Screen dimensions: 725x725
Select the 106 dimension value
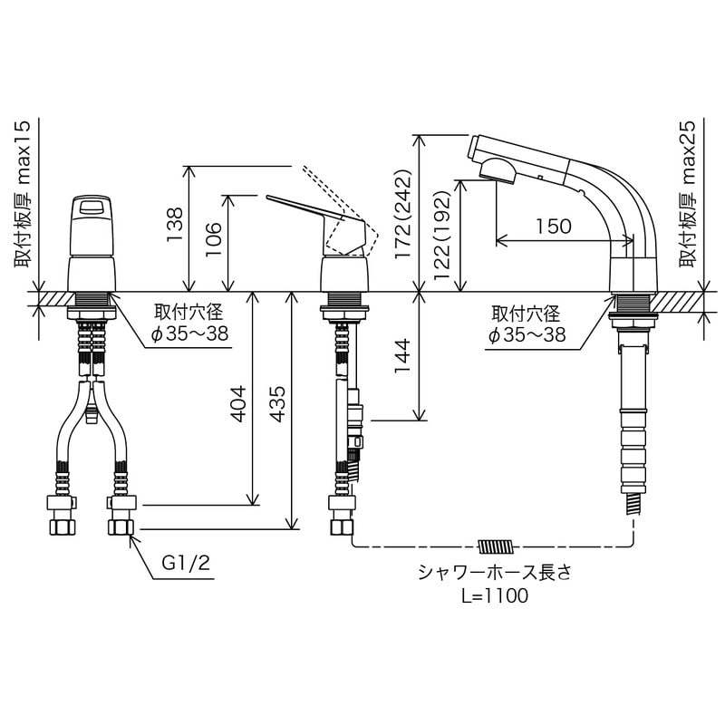coord(211,241)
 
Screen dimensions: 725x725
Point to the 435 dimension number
coord(278,399)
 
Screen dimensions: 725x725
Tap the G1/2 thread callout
coord(186,563)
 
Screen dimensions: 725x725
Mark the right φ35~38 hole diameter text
coord(527,334)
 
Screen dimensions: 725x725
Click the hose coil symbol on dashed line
coord(495,546)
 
